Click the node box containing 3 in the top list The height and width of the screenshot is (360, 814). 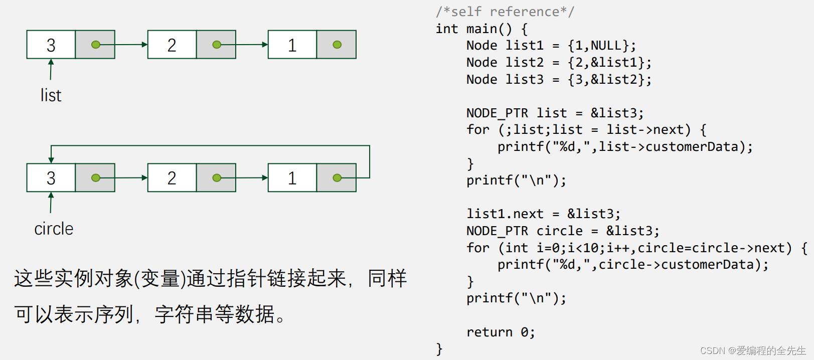(x=51, y=45)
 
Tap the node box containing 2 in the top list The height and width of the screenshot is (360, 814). (x=172, y=45)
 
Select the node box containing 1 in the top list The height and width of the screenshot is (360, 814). (x=292, y=45)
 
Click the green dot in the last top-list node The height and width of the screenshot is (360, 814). (x=337, y=45)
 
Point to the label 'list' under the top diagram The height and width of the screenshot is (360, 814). (x=51, y=95)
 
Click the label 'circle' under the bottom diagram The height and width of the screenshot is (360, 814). (x=54, y=229)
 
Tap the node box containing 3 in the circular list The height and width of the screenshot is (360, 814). (x=51, y=178)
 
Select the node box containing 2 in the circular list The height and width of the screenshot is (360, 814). (x=172, y=178)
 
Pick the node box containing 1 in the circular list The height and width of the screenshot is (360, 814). (x=292, y=178)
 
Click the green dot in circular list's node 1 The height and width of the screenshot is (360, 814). (x=337, y=178)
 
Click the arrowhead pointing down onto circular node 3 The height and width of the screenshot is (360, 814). (x=51, y=160)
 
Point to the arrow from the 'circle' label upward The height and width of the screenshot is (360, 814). (x=51, y=203)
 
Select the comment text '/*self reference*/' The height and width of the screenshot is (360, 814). (x=505, y=12)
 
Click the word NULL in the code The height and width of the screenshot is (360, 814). (x=606, y=46)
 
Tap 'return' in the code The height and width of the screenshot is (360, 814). (x=490, y=332)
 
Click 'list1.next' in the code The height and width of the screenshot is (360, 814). (x=505, y=214)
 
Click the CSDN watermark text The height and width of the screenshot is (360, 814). (x=752, y=350)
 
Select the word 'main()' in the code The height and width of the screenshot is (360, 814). (x=489, y=29)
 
